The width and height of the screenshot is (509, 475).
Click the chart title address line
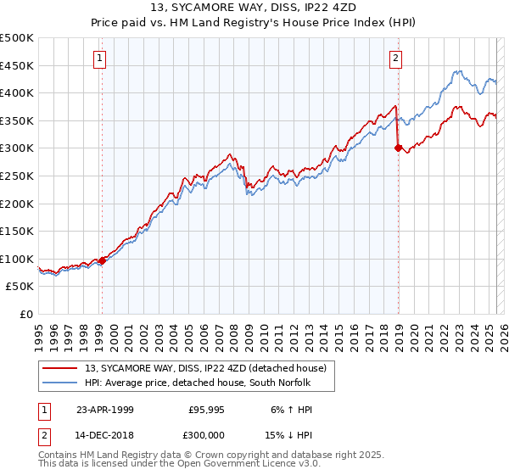coord(255,8)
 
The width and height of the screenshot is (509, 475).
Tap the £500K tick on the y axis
coord(17,38)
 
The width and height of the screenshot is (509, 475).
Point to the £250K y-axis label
coord(17,176)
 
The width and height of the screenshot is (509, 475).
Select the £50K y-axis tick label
coord(20,287)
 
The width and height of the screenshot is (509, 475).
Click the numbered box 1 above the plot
coord(100,59)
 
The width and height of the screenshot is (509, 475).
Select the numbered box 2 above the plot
coord(396,59)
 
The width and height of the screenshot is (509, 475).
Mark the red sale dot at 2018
coord(398,148)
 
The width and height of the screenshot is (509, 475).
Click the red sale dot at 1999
coord(102,260)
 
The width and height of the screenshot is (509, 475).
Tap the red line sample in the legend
coord(60,367)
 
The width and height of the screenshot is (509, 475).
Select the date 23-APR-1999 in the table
coord(105,409)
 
